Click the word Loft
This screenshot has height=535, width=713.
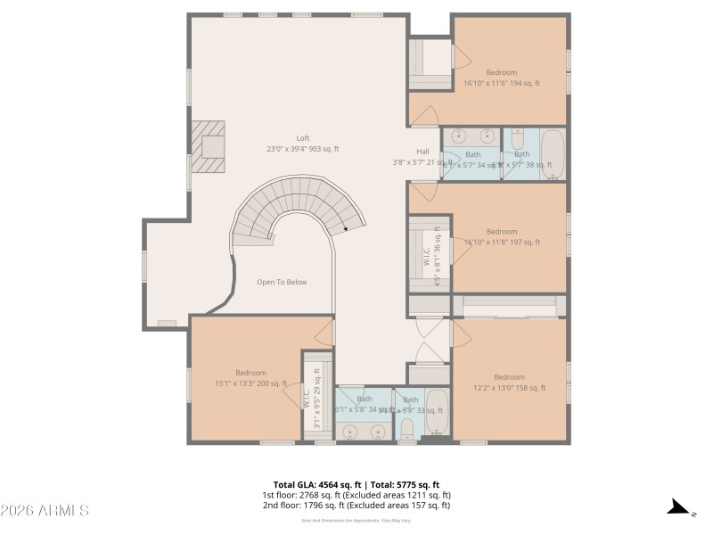[x=303, y=138]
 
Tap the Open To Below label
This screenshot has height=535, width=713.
[x=282, y=282]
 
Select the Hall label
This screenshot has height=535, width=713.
[x=422, y=152]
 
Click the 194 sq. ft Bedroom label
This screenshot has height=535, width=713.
[x=501, y=72]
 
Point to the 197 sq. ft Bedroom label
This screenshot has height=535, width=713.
[x=501, y=232]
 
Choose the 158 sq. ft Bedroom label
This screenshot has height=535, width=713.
[x=509, y=376]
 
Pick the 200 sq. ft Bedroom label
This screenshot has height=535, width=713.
[x=250, y=373]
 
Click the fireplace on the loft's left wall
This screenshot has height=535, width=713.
[x=210, y=147]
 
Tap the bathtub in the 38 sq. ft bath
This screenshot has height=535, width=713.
[x=553, y=153]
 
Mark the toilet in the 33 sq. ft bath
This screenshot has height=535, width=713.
[x=406, y=431]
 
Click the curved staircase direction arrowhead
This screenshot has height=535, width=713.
[x=346, y=230]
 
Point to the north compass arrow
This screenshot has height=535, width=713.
[x=680, y=509]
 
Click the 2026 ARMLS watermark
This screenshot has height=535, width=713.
[x=45, y=511]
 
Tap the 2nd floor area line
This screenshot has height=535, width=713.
[x=356, y=506]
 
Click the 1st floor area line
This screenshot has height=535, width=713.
[x=356, y=495]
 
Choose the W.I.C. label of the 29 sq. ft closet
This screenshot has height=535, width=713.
[x=307, y=397]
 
